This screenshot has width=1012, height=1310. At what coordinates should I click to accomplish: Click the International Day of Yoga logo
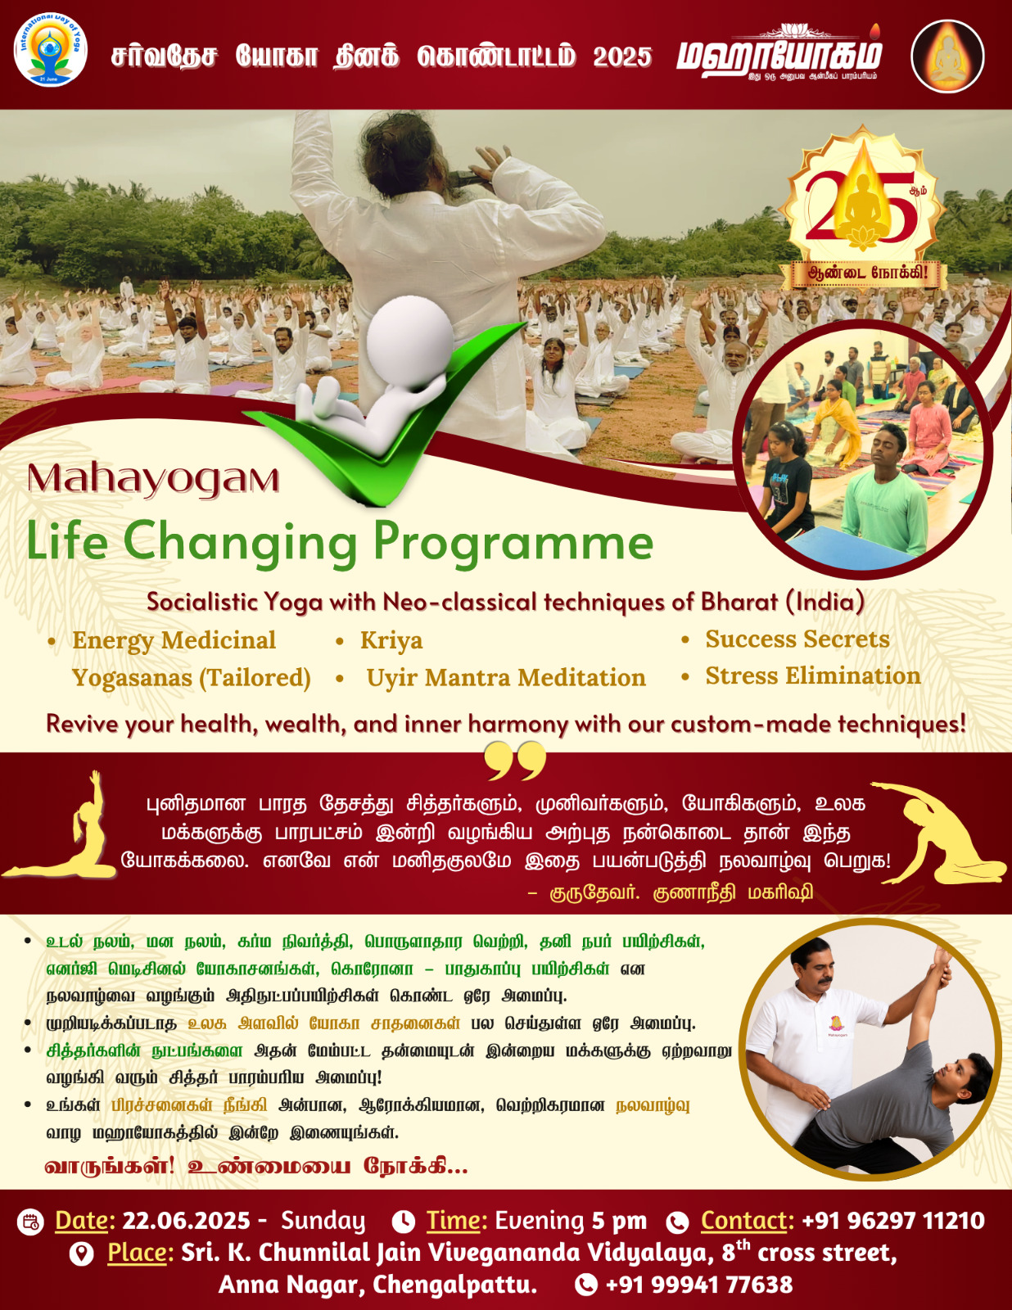pos(51,52)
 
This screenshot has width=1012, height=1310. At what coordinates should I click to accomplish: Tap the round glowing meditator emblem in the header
pos(947,56)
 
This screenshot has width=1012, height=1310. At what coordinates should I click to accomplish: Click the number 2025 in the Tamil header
pos(622,56)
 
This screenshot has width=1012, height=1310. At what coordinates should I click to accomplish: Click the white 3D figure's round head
pos(410,336)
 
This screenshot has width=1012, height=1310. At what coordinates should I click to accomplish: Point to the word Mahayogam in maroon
pos(153,479)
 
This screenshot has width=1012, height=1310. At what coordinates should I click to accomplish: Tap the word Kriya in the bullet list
pos(391,640)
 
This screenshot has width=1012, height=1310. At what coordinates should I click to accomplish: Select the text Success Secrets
pos(797,639)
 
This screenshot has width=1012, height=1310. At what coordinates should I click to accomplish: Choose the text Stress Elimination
pos(813,675)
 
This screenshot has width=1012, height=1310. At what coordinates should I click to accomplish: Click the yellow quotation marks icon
pos(515,760)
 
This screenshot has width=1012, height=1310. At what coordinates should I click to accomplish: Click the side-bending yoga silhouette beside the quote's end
pos(940,833)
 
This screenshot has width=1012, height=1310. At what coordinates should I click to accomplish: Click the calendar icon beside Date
pos(29,1222)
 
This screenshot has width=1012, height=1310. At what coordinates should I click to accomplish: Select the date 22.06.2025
pos(186,1221)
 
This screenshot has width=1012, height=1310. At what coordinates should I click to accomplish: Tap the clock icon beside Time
pos(403,1222)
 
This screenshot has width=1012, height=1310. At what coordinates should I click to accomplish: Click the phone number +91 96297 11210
pos(893,1221)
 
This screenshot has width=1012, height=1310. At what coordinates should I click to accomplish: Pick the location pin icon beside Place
pos(81,1254)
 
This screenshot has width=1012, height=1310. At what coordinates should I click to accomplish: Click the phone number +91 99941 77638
pos(699,1285)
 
